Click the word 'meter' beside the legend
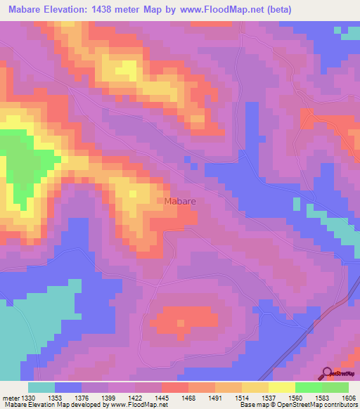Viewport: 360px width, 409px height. tap(10, 397)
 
